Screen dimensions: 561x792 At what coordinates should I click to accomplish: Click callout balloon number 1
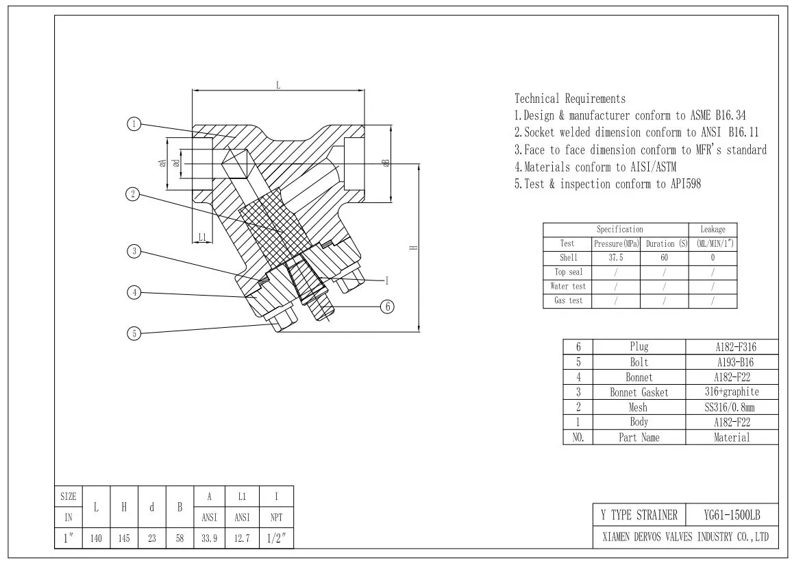click(134, 124)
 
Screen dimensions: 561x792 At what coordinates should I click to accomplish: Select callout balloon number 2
click(134, 194)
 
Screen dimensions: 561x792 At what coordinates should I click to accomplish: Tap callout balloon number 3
click(134, 252)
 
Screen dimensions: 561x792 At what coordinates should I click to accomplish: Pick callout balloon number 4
click(134, 293)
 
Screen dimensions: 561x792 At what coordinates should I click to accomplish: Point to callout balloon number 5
click(134, 333)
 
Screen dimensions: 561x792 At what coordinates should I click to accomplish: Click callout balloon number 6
click(388, 307)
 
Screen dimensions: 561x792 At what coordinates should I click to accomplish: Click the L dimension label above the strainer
click(278, 85)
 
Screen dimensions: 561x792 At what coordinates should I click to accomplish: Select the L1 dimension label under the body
click(202, 237)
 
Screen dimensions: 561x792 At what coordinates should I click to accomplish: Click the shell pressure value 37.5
click(616, 259)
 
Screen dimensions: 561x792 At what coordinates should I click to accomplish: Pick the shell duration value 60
click(664, 259)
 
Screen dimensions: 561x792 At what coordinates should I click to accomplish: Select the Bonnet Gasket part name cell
click(639, 392)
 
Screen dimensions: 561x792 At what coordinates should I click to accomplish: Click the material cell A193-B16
click(732, 362)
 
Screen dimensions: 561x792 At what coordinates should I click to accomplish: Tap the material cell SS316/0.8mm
click(732, 407)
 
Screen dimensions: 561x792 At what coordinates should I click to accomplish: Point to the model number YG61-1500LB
click(732, 515)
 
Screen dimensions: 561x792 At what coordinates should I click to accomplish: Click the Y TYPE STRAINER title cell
click(639, 515)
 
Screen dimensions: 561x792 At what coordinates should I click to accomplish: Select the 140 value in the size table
click(96, 539)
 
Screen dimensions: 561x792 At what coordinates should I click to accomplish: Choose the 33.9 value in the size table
click(208, 539)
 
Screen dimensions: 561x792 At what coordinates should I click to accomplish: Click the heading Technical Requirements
click(569, 99)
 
